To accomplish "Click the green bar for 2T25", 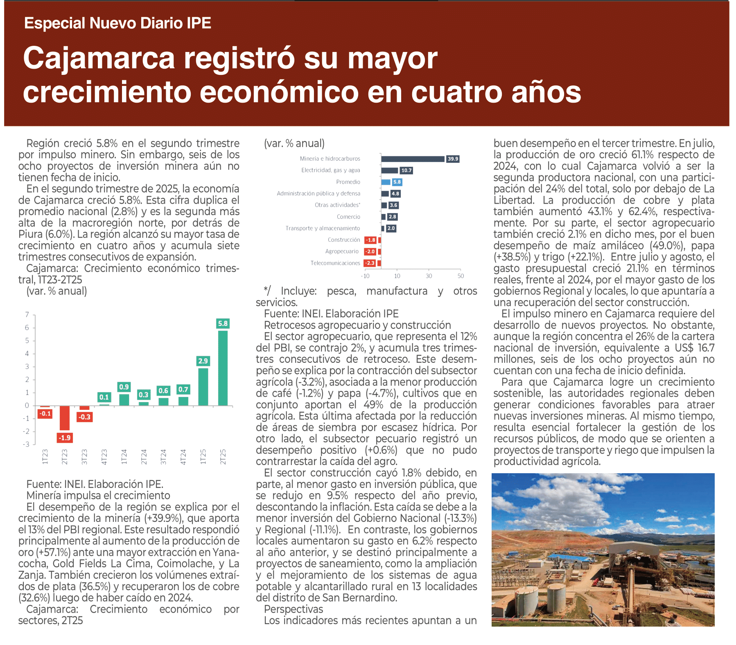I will pos(223,368).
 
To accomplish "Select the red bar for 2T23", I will pos(65,418).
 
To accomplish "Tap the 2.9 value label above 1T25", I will pos(203,361).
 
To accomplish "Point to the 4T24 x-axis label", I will pos(183,457).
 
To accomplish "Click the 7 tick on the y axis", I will pos(27,315).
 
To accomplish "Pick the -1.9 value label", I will pos(65,438).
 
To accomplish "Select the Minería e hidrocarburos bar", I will pos(413,159).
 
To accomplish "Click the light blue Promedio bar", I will pos(386,182).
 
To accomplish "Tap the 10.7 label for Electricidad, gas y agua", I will pos(406,171).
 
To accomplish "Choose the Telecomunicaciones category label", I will pos(335,263).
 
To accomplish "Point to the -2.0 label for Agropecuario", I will pos(370,252).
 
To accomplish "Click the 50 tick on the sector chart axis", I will pos(461,276).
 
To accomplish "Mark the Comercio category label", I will pos(348,217).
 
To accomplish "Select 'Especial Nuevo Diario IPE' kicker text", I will pos(117,23).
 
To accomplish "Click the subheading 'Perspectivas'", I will pos(293,609).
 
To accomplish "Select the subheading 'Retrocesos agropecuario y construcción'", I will pos(357,325).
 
